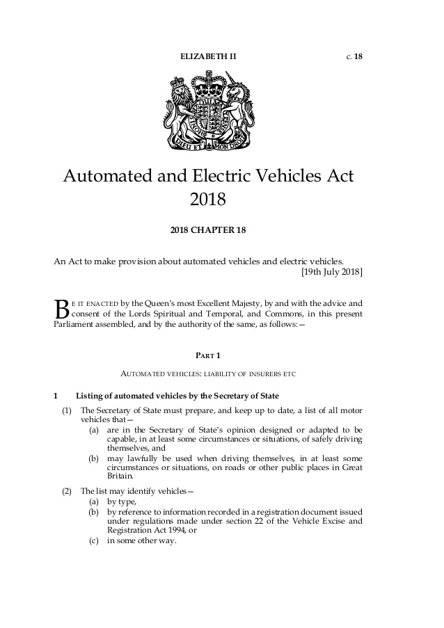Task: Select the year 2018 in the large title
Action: click(x=208, y=200)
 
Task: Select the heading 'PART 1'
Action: click(x=209, y=355)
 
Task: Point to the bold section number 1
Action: click(x=56, y=396)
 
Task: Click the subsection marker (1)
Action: click(x=66, y=410)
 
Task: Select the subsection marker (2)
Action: click(x=66, y=491)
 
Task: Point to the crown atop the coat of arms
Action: click(x=210, y=86)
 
